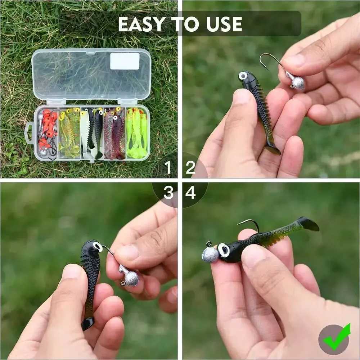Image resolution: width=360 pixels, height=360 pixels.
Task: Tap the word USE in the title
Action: pos(224,24)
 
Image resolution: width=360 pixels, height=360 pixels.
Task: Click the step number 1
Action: pos(167,167)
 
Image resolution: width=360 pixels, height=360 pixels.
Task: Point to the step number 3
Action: pos(168,193)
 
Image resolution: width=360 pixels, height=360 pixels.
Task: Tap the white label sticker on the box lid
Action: pos(125,61)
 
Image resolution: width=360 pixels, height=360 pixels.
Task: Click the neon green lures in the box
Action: pos(137,133)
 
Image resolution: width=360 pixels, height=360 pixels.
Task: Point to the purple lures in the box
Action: pos(114,133)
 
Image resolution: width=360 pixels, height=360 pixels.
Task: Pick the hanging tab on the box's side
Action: pos(29,133)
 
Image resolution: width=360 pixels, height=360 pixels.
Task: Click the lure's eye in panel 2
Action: pos(243,76)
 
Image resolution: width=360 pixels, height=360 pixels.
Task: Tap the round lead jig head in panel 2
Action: pos(298,83)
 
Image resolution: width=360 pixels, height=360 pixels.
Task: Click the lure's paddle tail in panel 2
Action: pos(273,148)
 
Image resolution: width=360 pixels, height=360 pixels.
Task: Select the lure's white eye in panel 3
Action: pos(98,246)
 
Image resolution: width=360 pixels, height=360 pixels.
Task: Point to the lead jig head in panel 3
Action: pos(131,278)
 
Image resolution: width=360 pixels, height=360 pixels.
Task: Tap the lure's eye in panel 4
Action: pos(224,250)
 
